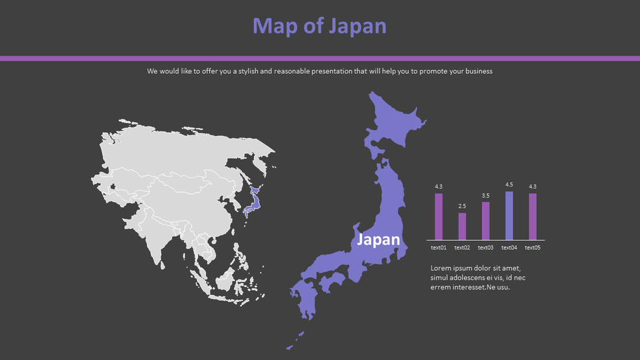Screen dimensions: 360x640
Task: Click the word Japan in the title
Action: (357, 26)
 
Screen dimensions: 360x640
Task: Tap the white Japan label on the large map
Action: (379, 240)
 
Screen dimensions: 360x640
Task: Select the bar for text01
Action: (439, 217)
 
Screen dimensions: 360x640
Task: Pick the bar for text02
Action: (462, 227)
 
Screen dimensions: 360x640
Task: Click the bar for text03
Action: (486, 221)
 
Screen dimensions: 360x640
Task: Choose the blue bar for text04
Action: (509, 216)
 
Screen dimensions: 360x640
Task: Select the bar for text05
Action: (532, 217)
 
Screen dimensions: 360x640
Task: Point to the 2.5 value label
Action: (462, 207)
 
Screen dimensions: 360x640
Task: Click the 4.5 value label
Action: (509, 185)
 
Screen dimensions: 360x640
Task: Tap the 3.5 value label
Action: (486, 196)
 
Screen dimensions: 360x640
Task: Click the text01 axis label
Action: (439, 247)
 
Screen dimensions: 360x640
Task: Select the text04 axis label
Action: (509, 247)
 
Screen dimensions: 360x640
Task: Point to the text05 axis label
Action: (532, 247)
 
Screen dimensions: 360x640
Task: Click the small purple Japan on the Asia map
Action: (253, 200)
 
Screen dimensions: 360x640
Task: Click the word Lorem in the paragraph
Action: (441, 268)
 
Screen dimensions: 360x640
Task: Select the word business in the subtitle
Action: (477, 71)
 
